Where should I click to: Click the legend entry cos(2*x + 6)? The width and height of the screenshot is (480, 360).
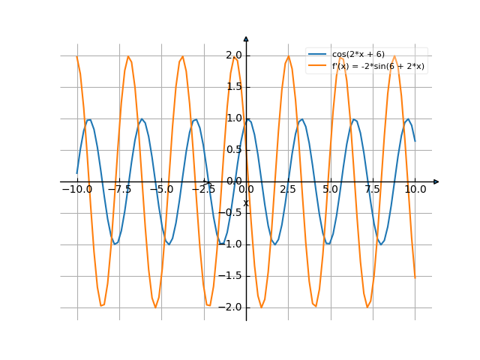358,55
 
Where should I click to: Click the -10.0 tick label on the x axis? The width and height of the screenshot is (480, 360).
76,190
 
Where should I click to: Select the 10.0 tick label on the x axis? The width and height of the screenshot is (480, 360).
415,190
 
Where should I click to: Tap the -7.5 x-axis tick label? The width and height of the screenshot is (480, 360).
118,190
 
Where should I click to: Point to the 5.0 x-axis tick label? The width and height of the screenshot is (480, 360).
331,190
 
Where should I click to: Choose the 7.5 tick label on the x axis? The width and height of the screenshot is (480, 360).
373,190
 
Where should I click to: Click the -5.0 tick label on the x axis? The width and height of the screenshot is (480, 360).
161,190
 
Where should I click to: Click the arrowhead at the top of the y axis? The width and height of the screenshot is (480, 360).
246,37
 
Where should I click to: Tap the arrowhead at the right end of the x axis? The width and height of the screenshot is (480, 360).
436,181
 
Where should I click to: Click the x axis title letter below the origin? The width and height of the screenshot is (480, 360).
246,202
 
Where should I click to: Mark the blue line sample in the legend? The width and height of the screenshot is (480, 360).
318,55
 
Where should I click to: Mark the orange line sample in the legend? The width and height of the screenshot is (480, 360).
318,66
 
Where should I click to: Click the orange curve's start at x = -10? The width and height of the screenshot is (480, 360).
77,57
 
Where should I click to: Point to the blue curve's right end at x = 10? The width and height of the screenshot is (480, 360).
415,141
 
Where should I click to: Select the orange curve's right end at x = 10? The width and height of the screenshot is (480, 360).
415,277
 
